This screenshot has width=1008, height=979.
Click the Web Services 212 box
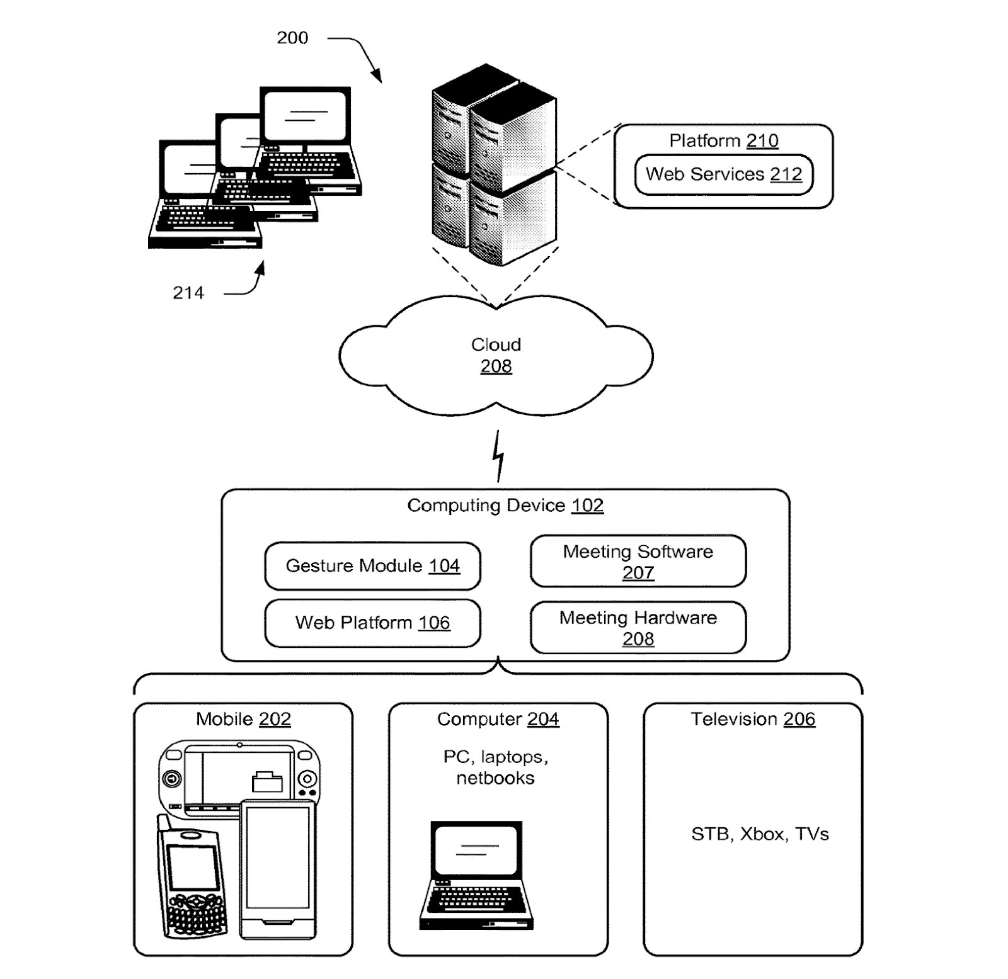(x=724, y=174)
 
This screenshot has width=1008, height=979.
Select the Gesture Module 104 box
(x=372, y=566)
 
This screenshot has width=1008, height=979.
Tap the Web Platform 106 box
(x=372, y=623)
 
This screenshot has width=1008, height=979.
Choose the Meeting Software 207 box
(x=638, y=562)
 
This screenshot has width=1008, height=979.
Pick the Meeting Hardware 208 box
(x=638, y=628)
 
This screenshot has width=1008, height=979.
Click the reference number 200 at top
(x=292, y=38)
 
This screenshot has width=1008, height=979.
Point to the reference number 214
(x=188, y=293)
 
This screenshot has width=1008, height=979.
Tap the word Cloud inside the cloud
(x=496, y=344)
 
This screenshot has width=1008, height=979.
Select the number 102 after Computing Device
(x=587, y=506)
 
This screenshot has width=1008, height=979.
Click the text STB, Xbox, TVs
(x=760, y=834)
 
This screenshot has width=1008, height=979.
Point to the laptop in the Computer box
(x=476, y=875)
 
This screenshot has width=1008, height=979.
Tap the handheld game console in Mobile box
(x=239, y=776)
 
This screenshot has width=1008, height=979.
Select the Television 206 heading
(x=753, y=719)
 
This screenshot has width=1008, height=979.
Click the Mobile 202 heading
(x=243, y=719)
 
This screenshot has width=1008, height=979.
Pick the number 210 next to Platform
(x=762, y=140)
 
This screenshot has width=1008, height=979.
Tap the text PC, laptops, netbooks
(x=496, y=767)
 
